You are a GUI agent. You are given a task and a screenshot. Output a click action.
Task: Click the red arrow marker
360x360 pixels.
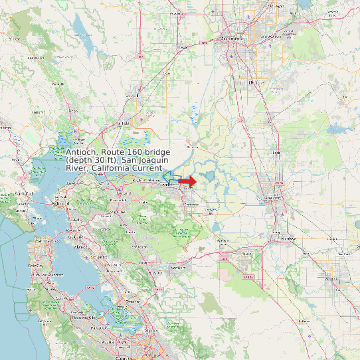coord(188,181)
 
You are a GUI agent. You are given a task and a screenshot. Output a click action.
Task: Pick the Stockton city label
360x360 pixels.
coord(274,197)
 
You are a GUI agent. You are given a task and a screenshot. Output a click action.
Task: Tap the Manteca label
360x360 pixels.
coord(288,237)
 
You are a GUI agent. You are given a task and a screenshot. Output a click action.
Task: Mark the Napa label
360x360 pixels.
coord(58,84)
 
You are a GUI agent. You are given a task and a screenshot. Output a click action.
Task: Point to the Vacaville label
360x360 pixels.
coord(123,123)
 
